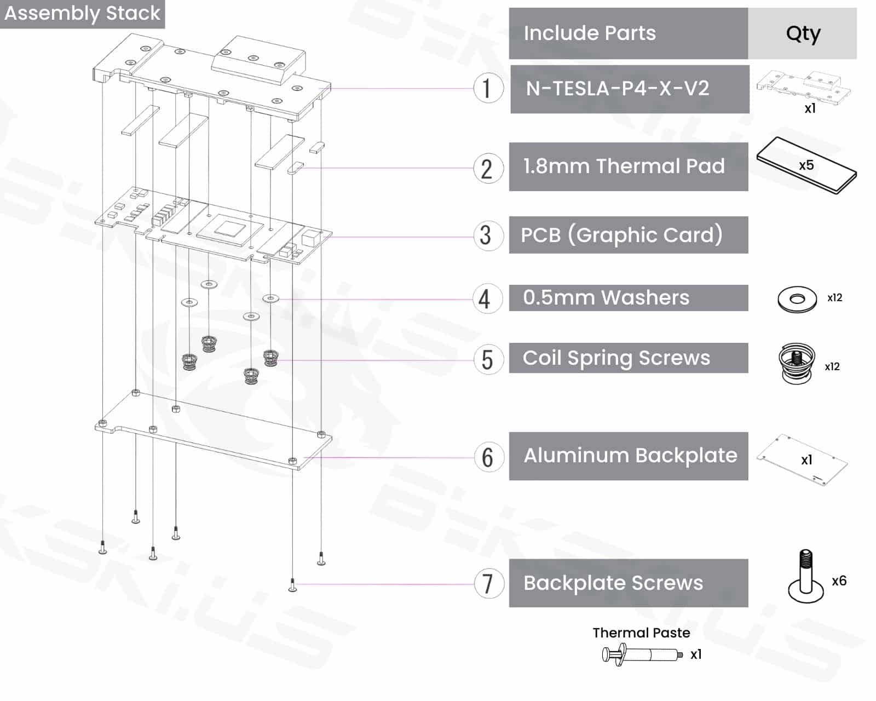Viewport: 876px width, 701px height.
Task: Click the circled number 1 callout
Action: point(488,88)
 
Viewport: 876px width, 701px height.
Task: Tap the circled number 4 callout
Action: point(487,298)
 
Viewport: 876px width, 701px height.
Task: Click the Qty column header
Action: point(803,33)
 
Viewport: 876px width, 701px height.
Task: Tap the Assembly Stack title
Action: point(82,13)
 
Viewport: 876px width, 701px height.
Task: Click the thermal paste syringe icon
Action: point(642,654)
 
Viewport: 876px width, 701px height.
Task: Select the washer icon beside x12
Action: point(797,300)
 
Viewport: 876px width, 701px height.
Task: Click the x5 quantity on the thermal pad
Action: point(806,165)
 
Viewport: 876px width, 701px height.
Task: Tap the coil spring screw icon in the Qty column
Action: point(797,363)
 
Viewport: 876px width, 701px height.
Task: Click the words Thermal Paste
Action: point(641,633)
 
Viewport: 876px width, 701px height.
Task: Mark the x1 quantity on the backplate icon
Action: point(806,460)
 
